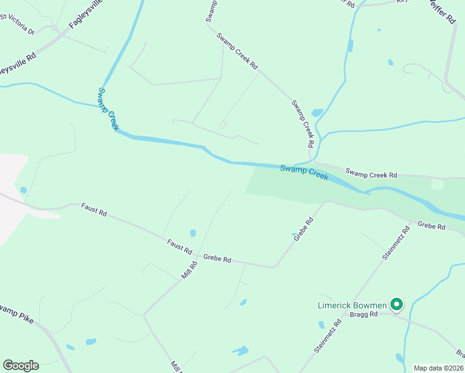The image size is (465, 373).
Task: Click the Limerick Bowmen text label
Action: click(352, 305)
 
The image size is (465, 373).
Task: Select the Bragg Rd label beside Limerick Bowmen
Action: click(364, 315)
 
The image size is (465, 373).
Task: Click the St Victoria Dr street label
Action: click(17, 28)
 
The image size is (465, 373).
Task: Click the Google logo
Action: click(21, 366)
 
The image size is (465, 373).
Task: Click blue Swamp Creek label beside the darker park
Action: click(303, 172)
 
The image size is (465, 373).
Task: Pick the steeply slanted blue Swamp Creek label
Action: click(108, 108)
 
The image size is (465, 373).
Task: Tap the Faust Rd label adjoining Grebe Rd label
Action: click(179, 247)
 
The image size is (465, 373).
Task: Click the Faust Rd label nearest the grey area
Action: click(94, 210)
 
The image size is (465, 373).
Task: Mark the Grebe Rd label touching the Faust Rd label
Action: click(217, 259)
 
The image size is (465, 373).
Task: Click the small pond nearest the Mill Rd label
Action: click(193, 233)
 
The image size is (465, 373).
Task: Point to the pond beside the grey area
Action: click(24, 190)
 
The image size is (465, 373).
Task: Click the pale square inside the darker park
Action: click(438, 184)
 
